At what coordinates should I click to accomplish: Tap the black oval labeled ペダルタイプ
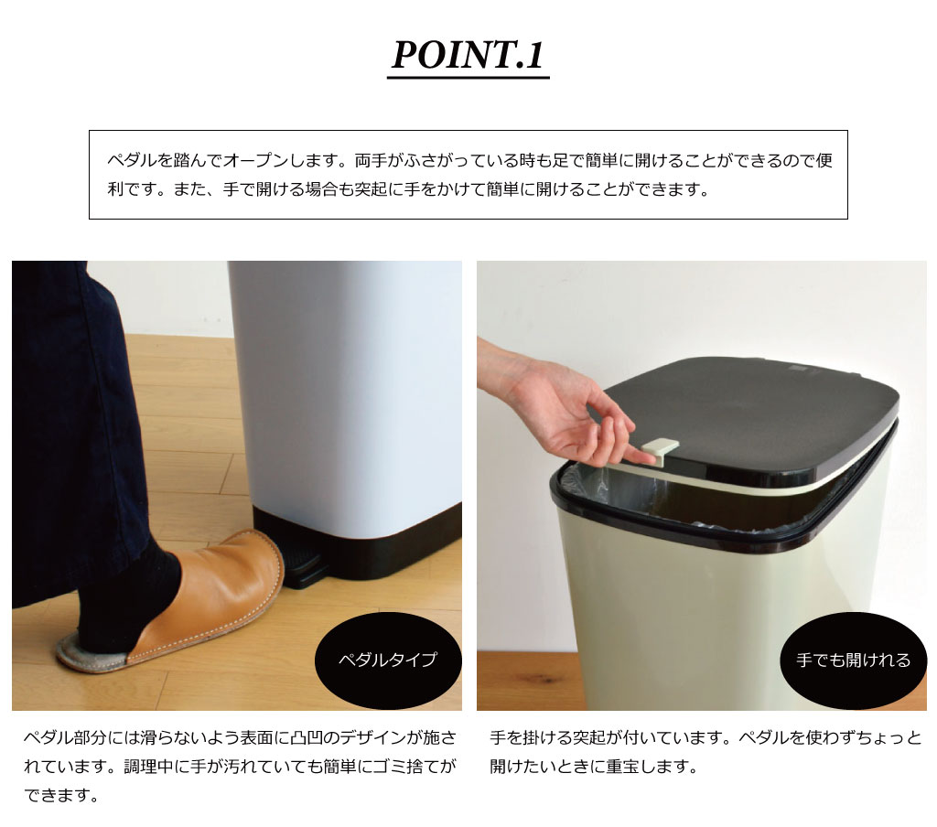pos(388,661)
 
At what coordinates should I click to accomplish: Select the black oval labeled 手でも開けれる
pos(853,661)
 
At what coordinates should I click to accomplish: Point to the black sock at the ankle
pos(144,592)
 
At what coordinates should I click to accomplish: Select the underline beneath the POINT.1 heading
pos(468,77)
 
